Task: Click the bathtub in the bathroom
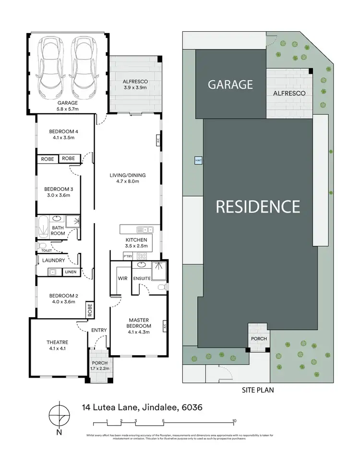point(43,227)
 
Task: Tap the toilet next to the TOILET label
point(43,245)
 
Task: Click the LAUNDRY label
point(54,261)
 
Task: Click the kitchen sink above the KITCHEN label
point(144,230)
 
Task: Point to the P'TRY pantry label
point(128,257)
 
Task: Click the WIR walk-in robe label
point(121,278)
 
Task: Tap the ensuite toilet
point(162,287)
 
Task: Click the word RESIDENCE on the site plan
point(258,206)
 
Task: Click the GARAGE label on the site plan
point(230,85)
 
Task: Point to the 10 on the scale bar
point(234,421)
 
